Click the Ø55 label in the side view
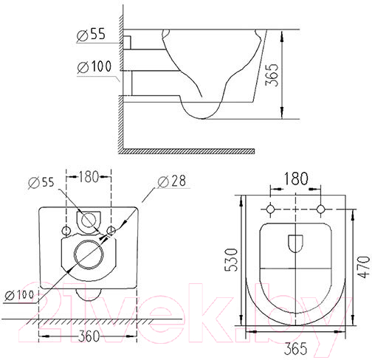pos(91,35)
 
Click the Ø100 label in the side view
pos(94,66)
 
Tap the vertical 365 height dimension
pos(272,75)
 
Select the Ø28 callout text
pos(172,181)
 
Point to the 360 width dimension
pos(89,336)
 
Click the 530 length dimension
pos(231,260)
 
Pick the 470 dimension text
pos(364,267)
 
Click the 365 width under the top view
pos(295,348)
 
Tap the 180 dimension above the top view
pos(296,179)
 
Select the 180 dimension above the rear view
pos(89,176)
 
